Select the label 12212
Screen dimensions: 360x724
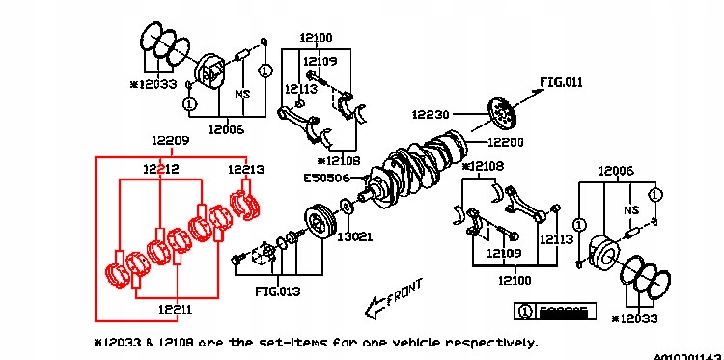161,169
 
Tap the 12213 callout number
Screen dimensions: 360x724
245,169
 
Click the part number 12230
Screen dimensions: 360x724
432,113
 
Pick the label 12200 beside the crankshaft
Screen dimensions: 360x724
505,141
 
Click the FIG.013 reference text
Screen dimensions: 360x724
276,289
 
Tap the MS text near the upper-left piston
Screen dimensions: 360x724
243,95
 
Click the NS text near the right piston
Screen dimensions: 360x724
631,209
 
